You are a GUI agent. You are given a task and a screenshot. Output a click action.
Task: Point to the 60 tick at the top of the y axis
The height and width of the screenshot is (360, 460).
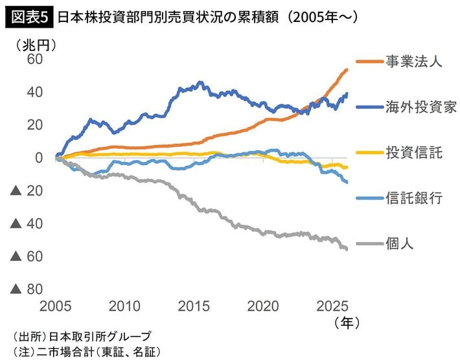pos(34,60)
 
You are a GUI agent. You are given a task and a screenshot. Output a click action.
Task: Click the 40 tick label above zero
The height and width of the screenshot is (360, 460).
pos(34,93)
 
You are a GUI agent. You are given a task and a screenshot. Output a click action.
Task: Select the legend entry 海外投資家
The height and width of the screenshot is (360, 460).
pos(421,107)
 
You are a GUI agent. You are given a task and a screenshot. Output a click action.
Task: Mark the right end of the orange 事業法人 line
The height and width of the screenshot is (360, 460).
pos(347,69)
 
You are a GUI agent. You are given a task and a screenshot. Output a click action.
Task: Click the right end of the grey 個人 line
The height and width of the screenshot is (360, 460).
pos(347,249)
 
